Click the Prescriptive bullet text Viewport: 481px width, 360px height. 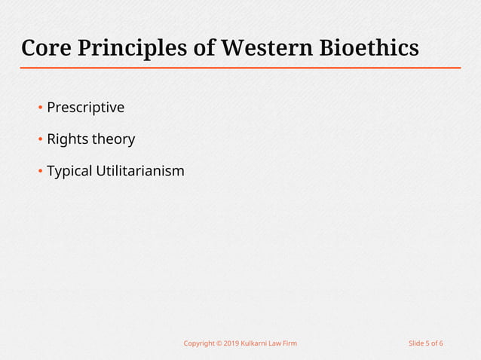coord(85,108)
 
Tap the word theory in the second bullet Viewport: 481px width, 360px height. coord(113,139)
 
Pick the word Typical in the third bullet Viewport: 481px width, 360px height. coord(69,171)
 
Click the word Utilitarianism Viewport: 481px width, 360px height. coord(140,171)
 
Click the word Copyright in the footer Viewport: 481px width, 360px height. coord(199,343)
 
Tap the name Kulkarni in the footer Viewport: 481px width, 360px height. coord(256,343)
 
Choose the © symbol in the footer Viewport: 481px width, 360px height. coord(219,343)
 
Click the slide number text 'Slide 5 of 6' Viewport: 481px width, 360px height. coord(425,343)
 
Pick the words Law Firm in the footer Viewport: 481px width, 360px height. coord(285,343)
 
